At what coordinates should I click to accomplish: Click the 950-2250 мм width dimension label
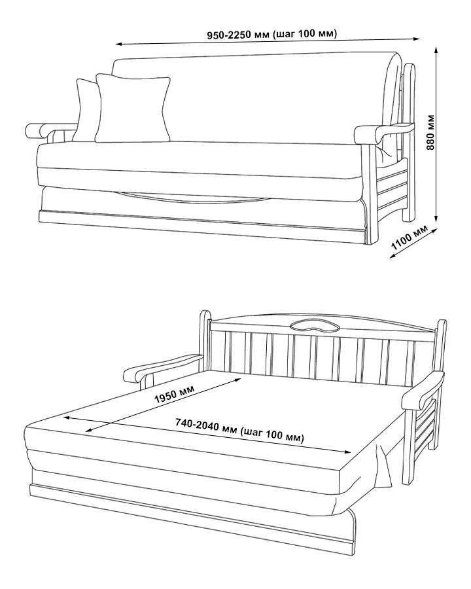point(272,34)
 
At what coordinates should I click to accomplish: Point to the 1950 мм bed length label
point(174,394)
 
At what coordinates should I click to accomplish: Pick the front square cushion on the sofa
point(133,108)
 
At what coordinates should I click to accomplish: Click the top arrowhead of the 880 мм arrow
point(436,51)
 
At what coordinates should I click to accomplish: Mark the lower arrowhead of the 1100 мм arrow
point(392,256)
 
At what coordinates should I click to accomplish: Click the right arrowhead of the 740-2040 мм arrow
point(347,452)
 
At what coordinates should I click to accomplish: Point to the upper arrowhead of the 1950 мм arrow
point(237,380)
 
